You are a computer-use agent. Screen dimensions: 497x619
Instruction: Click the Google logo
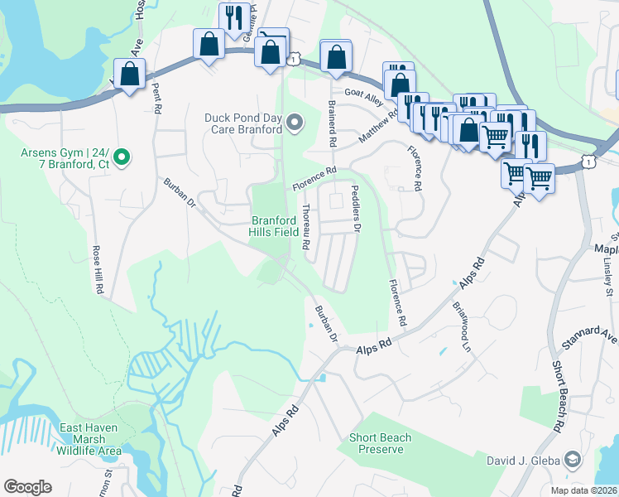(x=27, y=487)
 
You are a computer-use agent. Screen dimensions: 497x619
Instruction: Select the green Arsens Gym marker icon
(x=122, y=156)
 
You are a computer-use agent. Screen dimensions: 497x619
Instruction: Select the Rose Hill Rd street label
(x=97, y=270)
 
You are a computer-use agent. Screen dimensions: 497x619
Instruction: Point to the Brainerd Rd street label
(x=332, y=124)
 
